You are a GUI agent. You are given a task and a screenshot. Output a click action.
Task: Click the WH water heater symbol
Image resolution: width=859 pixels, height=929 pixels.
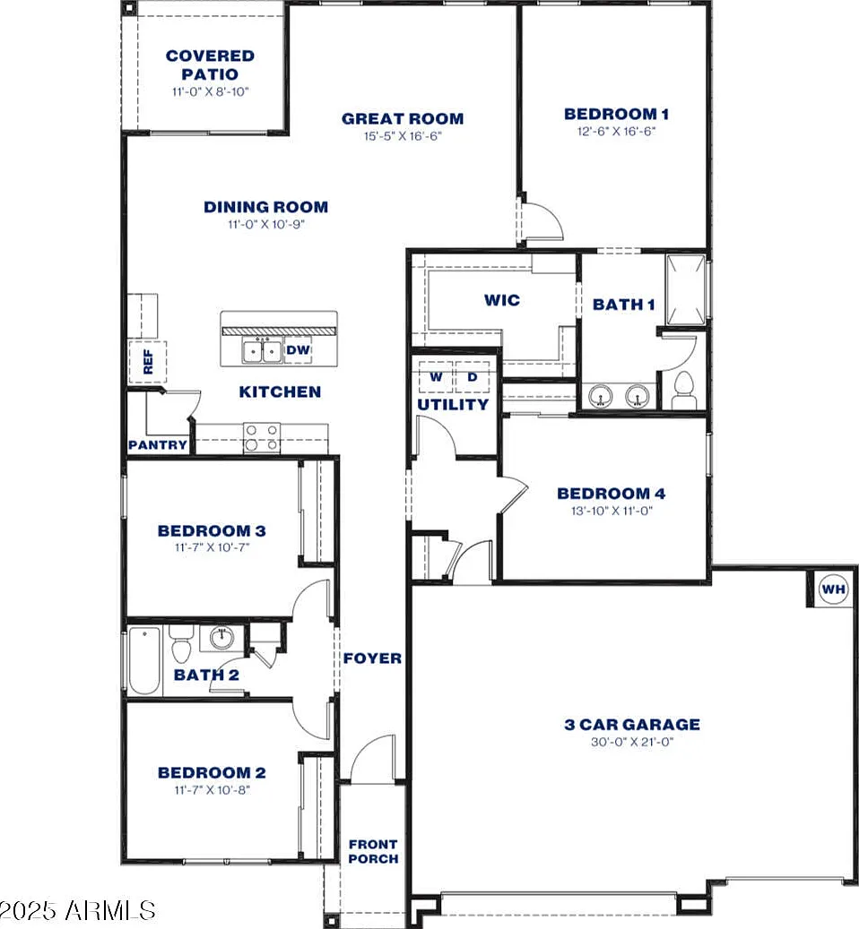point(833,589)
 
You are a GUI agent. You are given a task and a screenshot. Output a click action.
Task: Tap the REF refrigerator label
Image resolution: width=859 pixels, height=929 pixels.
point(148,361)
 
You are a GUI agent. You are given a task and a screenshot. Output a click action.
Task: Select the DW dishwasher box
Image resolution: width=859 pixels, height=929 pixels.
point(299,350)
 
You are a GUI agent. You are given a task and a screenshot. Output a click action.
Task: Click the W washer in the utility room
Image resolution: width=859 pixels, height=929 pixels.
point(436,377)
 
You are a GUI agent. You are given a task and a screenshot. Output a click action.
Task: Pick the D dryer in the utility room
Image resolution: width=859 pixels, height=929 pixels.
point(473,377)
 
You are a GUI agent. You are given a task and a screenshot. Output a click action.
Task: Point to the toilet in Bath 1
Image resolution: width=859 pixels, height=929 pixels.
point(683,391)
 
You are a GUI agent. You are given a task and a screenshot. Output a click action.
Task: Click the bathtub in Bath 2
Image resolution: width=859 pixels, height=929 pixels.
point(144,660)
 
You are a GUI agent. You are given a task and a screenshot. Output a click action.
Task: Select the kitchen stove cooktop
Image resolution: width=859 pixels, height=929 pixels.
point(262,438)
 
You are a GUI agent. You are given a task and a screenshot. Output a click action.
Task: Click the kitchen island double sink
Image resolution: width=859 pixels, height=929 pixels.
point(262,351)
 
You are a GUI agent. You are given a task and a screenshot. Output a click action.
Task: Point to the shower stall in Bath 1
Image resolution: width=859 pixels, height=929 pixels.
point(686,290)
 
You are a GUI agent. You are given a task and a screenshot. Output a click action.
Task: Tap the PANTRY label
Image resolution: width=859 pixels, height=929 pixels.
point(158,445)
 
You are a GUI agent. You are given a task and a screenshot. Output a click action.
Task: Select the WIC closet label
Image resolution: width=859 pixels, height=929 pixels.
point(502,300)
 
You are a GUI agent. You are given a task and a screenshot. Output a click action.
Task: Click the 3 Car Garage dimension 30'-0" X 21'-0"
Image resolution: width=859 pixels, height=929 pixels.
point(632,742)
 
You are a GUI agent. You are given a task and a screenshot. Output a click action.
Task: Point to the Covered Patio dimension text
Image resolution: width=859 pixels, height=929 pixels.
point(211,92)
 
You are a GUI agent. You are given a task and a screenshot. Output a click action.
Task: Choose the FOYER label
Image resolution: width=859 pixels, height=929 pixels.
point(372,658)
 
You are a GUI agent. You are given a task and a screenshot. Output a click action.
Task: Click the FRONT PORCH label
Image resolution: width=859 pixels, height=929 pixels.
point(374,851)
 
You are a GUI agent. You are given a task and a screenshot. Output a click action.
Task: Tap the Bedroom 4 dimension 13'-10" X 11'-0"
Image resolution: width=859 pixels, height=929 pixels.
point(612,511)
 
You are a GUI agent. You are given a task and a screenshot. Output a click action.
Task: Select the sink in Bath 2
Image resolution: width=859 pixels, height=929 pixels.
point(221,638)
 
